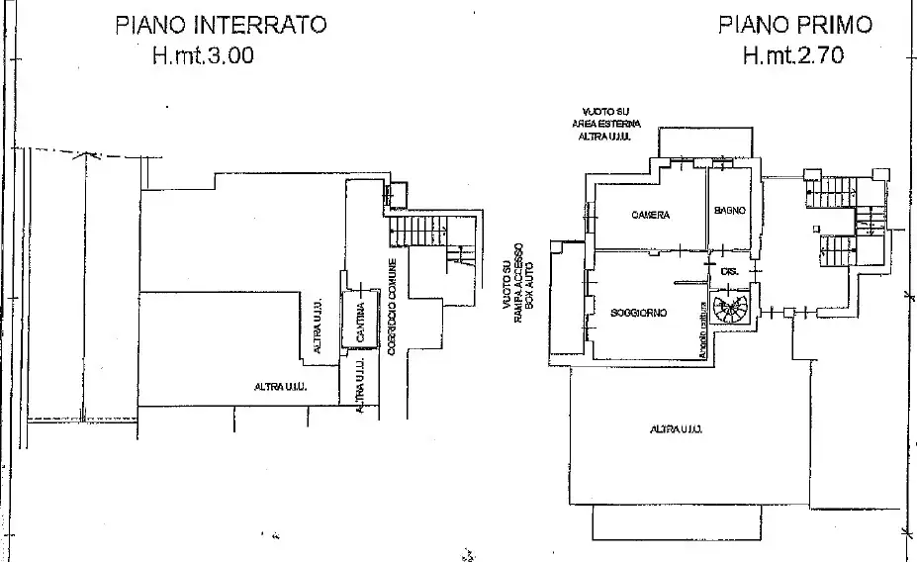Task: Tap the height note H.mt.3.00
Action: [x=202, y=56]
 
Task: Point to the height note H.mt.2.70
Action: [x=792, y=56]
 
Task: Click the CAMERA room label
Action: [x=650, y=215]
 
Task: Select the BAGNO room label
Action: [x=729, y=212]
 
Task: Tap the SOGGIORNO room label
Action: [x=638, y=313]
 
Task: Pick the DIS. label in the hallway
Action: [x=730, y=270]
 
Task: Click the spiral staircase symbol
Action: [x=733, y=311]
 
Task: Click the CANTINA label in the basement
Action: [x=361, y=323]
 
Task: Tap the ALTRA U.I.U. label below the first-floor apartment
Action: [x=676, y=429]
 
